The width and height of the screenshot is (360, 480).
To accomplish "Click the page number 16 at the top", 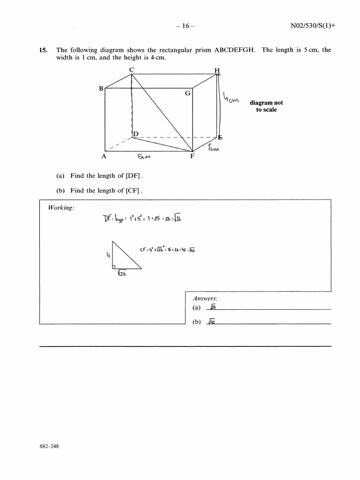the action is tap(186, 26).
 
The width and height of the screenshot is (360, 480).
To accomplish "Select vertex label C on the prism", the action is tap(132, 70).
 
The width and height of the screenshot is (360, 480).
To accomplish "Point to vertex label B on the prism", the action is tap(101, 88).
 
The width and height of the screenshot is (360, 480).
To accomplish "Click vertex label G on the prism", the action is tap(187, 93).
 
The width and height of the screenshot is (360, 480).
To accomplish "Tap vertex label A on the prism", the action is tap(104, 157).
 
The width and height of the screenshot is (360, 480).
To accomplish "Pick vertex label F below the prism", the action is tap(192, 157).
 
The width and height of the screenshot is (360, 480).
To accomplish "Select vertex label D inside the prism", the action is tap(136, 135).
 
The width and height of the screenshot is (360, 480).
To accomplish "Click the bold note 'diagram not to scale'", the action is tap(266, 106).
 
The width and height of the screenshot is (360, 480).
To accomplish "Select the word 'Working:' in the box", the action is tap(61, 208).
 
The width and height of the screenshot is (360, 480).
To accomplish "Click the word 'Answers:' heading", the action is tap(205, 299).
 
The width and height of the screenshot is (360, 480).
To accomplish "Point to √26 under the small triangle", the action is tap(121, 274).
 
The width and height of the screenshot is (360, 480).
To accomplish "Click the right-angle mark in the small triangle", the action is tap(114, 267).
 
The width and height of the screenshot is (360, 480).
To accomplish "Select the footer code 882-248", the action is tap(49, 446).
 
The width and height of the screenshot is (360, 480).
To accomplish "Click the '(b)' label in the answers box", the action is tap(196, 322).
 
